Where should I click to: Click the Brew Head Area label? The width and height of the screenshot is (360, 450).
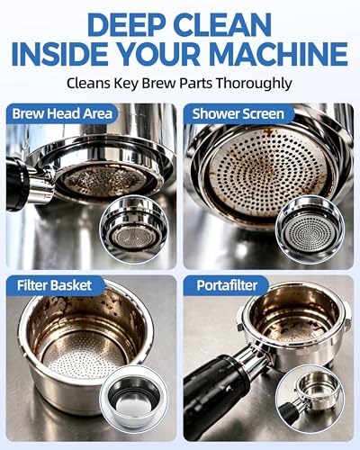(x=62, y=113)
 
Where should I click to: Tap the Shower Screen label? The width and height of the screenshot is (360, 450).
(x=238, y=113)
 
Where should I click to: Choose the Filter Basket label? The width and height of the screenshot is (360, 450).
(x=54, y=285)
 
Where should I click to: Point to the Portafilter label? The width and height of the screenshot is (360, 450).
(x=227, y=285)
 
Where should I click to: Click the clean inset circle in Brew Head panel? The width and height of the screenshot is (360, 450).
(x=134, y=229)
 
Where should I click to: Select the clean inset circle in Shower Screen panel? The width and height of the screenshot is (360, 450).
(x=310, y=230)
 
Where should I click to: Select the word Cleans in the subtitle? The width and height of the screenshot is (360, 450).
(x=88, y=83)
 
